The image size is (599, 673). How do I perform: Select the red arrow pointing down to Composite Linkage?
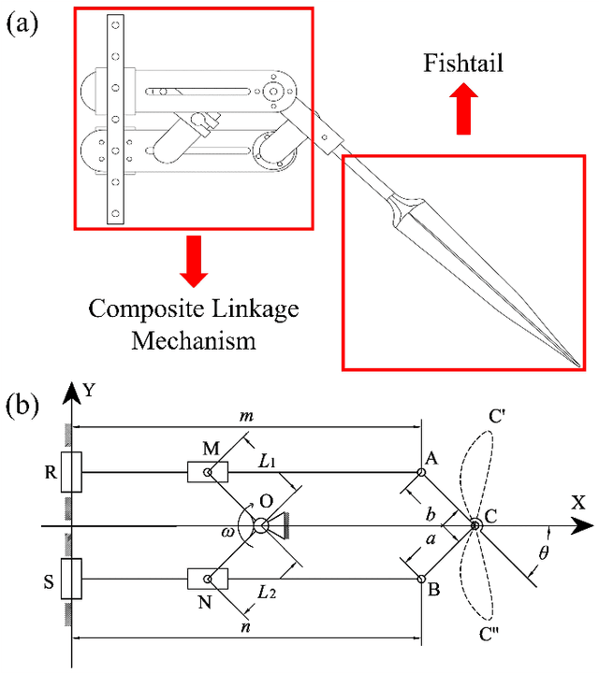[194, 260]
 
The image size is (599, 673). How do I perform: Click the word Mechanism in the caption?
[194, 339]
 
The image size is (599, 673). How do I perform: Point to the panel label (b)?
[23, 405]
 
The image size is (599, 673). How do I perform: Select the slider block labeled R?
[71, 472]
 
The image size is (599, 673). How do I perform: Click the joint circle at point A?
[422, 472]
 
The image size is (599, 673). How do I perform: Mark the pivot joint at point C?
[475, 526]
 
